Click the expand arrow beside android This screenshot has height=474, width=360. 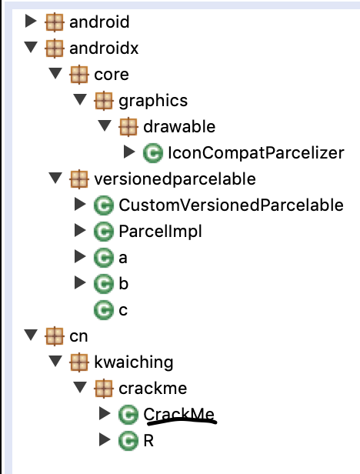tap(31, 21)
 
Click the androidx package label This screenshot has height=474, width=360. tap(104, 48)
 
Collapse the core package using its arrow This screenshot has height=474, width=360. tap(55, 73)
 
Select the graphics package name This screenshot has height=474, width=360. tap(153, 101)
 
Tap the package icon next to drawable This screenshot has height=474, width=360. tap(128, 127)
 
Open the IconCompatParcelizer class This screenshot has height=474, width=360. tap(256, 152)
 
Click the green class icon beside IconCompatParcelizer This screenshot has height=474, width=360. tap(152, 153)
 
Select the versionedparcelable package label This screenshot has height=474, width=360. tap(175, 179)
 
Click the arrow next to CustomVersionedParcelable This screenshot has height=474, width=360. tap(80, 204)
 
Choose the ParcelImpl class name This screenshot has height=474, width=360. tap(160, 232)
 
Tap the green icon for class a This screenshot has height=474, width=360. tap(104, 258)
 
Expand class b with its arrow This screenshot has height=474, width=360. tap(80, 282)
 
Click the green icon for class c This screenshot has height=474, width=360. tap(104, 310)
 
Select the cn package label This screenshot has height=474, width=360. tap(78, 336)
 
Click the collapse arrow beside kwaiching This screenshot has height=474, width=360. tap(55, 361)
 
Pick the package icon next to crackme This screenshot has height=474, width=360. tap(104, 388)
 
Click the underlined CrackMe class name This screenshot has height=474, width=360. tap(179, 414)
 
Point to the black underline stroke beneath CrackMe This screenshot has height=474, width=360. tap(182, 421)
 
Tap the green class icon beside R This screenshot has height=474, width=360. tap(128, 441)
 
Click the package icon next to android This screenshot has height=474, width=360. tap(55, 22)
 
